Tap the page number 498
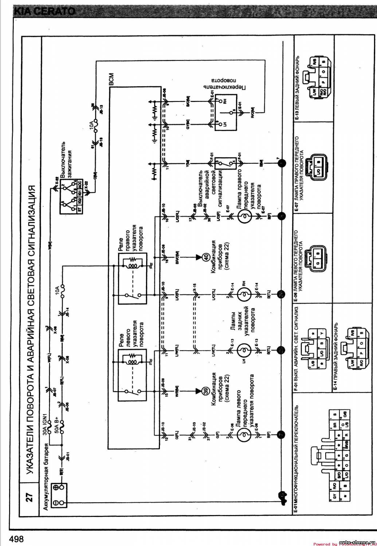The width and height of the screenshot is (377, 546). (17, 538)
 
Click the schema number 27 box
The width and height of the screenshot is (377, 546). (30, 497)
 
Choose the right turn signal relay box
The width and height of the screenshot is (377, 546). (132, 278)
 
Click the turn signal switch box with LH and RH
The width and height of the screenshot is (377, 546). (225, 112)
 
